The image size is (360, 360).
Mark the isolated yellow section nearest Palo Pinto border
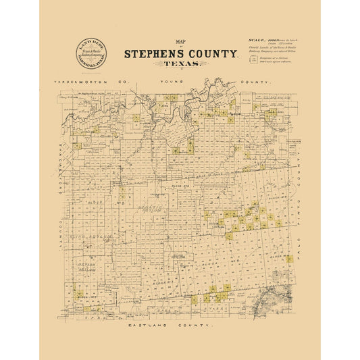click(288, 258)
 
